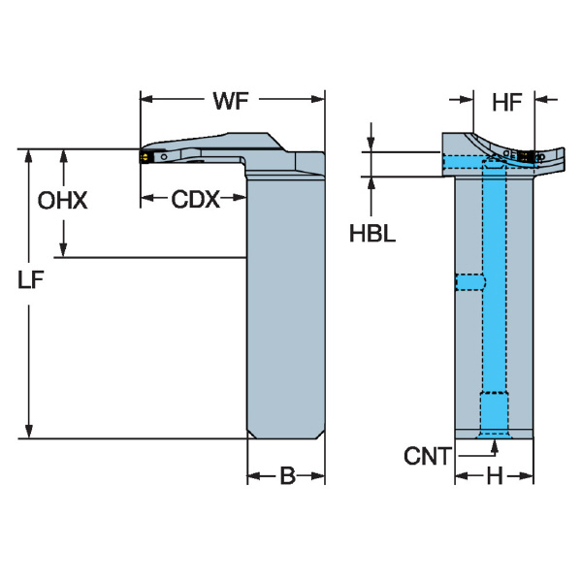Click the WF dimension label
coord(231,100)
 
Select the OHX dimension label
coord(63,201)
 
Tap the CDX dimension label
coord(195,199)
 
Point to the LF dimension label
coord(31,280)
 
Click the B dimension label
coord(287,475)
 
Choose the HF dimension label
coord(507,103)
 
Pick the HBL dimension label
coord(372,234)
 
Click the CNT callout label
coord(428,456)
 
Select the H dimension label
coord(495,475)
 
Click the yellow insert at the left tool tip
coord(145,157)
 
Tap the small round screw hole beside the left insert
coord(164,157)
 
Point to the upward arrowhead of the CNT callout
coord(494,446)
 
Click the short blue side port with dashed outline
coord(469,282)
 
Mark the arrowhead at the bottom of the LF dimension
coord(28,432)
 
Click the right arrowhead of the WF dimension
coord(318,99)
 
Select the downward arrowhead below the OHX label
coord(63,249)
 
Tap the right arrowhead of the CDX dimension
coord(240,197)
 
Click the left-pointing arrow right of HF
coord(545,100)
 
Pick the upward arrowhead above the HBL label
coord(372,184)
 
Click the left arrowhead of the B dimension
coord(254,476)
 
